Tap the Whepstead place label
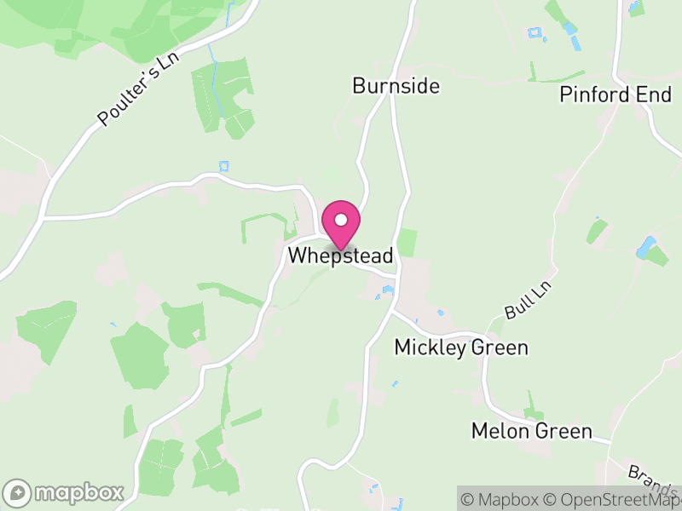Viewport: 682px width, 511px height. point(341,255)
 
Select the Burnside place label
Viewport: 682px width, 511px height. point(396,86)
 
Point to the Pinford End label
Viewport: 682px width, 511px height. point(616,95)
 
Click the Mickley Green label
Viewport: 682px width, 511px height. point(461,347)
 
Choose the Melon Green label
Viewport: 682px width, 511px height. point(532,431)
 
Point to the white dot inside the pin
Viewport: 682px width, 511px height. point(341,220)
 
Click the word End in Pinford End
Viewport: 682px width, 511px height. point(655,95)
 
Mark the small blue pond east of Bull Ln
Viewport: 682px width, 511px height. point(645,248)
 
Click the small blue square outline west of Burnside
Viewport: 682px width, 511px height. point(224,165)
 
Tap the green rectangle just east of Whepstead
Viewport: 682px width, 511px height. point(407,242)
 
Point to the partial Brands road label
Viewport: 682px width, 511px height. point(653,482)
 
